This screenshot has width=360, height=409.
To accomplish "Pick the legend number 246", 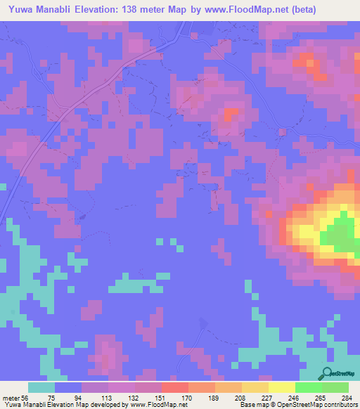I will [x=300, y=398].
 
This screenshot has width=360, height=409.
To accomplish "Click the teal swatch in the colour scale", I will [x=41, y=387].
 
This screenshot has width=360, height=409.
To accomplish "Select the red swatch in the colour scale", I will [x=174, y=387].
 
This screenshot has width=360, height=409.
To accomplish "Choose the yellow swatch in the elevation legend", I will [x=281, y=387].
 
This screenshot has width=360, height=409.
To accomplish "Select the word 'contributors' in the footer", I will [x=334, y=405].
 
